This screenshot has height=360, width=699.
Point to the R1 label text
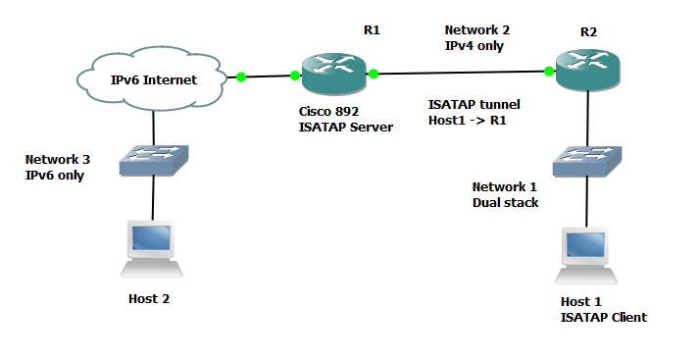click(x=372, y=30)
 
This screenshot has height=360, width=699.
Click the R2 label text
click(x=588, y=31)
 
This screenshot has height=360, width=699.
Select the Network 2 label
click(x=477, y=30)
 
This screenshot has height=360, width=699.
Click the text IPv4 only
click(x=474, y=45)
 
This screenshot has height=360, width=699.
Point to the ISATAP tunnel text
click(x=474, y=104)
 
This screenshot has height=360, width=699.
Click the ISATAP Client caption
click(x=602, y=317)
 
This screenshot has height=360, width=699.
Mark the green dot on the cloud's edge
click(x=240, y=75)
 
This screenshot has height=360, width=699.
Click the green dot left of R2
click(x=549, y=71)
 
